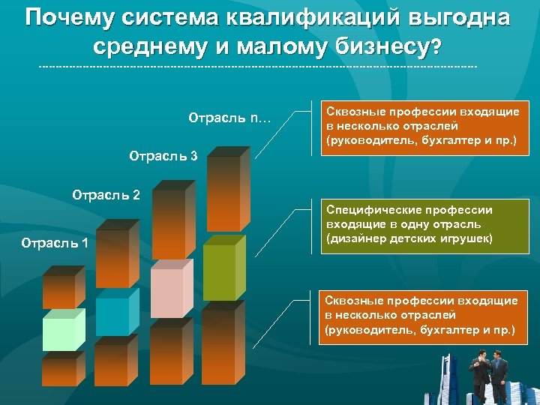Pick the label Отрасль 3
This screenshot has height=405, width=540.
pyautogui.click(x=163, y=157)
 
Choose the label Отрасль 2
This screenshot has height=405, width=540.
pyautogui.click(x=106, y=195)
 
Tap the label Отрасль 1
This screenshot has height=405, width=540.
pyautogui.click(x=55, y=242)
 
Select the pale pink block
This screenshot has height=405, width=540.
pyautogui.click(x=166, y=292)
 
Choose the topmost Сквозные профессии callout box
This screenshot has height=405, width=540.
pyautogui.click(x=421, y=126)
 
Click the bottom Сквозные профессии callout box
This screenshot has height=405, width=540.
pyautogui.click(x=421, y=315)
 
